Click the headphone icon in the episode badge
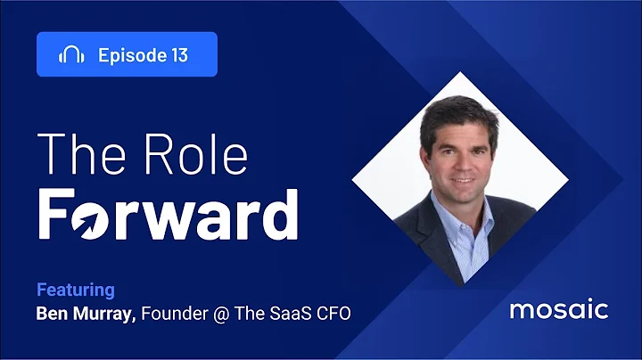click(71, 54)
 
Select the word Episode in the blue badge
click(129, 55)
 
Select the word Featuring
click(76, 290)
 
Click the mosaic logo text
click(558, 310)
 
